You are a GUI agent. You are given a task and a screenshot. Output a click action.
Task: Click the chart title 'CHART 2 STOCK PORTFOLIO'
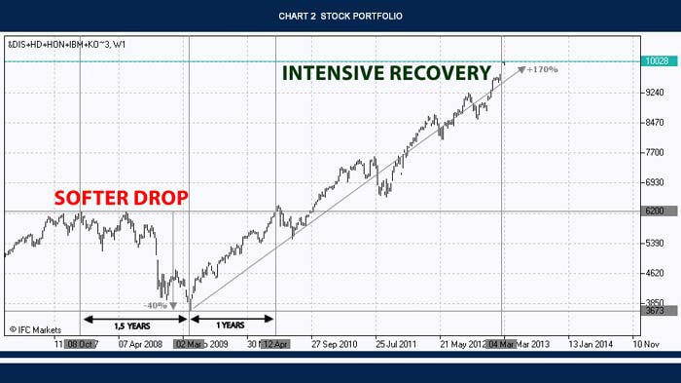point(340,17)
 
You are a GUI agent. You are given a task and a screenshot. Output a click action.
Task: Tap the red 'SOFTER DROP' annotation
point(121,198)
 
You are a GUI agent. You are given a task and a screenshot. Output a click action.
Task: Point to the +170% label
point(542,70)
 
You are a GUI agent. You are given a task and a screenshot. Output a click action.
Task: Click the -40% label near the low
point(156,305)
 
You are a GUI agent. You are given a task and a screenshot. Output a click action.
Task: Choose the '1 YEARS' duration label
point(232,324)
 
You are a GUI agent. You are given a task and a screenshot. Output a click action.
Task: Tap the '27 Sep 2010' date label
point(335,344)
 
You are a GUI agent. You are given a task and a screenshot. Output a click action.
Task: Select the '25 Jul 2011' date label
point(396,344)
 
